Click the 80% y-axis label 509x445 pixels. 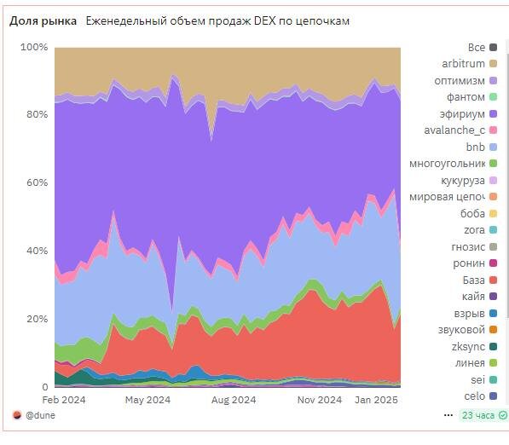coord(35,115)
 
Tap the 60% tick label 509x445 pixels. coord(35,183)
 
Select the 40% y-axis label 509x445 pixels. coord(35,251)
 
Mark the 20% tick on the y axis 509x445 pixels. coord(35,319)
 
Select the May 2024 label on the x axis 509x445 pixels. coord(147,399)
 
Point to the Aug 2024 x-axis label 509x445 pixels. coord(233,399)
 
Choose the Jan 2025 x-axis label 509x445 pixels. coord(376,399)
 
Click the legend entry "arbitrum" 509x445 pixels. coord(463,64)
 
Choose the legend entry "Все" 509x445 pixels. coord(476,47)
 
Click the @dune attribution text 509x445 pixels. coord(41,415)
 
